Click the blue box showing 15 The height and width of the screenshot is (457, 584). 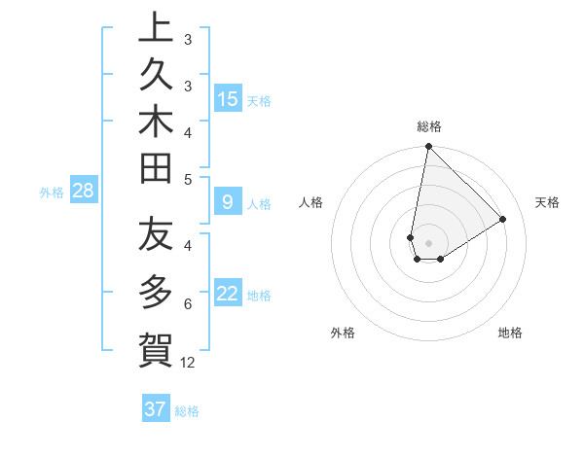click(228, 99)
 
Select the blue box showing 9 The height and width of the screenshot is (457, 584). click(228, 202)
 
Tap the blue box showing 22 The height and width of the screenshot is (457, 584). click(228, 294)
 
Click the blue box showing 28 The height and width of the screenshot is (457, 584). click(83, 191)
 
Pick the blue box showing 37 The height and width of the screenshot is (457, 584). click(155, 409)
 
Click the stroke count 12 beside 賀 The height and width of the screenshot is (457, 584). click(188, 363)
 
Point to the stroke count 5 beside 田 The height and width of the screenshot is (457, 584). click(188, 179)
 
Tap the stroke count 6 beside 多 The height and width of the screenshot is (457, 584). click(188, 304)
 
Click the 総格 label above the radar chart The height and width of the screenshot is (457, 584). click(429, 126)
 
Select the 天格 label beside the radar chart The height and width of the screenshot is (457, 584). click(548, 202)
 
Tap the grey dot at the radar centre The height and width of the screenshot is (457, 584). click(428, 243)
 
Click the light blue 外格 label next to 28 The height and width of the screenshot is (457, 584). click(52, 193)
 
